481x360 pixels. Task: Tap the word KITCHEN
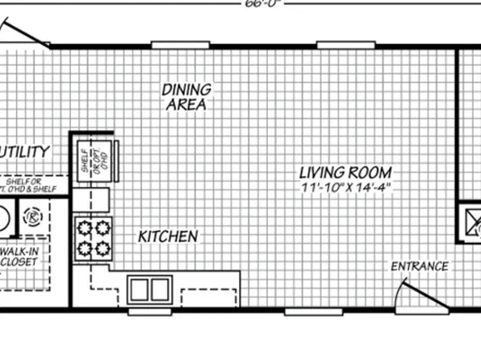coord(167,237)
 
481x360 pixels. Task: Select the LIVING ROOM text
coord(345,173)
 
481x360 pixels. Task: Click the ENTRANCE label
coord(419,266)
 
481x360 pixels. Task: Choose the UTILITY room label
coord(26,152)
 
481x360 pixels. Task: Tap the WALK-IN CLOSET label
coord(24,257)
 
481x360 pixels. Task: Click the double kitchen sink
coord(150,288)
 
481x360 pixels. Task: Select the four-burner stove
coord(92,237)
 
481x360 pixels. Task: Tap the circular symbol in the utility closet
coord(33,216)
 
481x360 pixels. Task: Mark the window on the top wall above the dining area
coord(181,44)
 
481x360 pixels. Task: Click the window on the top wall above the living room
coord(340,44)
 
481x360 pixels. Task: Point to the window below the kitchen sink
coord(150,310)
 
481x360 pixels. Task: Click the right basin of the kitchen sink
coord(161,288)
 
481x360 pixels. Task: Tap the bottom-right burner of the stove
coord(102,248)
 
